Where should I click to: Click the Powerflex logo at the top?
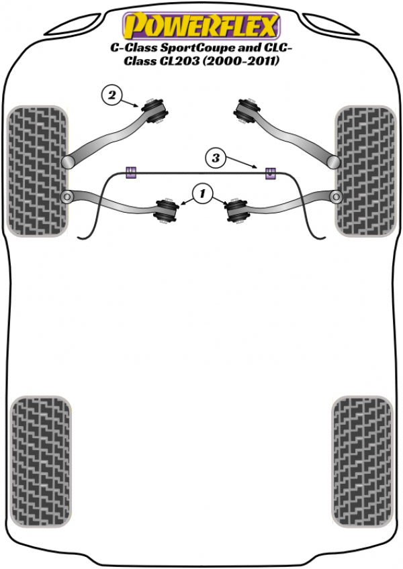[x=201, y=25]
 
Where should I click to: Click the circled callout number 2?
[x=111, y=95]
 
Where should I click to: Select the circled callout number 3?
[x=216, y=158]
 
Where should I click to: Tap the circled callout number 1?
[x=202, y=194]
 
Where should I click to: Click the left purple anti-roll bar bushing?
[x=131, y=172]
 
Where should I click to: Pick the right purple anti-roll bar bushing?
[x=269, y=173]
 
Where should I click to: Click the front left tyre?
[x=38, y=171]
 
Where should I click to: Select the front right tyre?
[x=365, y=171]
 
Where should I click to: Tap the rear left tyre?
[x=41, y=461]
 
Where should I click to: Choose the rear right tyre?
[x=363, y=461]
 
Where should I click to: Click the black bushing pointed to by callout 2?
[x=155, y=110]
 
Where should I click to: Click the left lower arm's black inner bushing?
[x=167, y=211]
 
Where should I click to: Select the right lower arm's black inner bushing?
[x=236, y=211]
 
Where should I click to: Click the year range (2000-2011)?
[x=241, y=61]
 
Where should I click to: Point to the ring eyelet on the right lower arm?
[x=336, y=197]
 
